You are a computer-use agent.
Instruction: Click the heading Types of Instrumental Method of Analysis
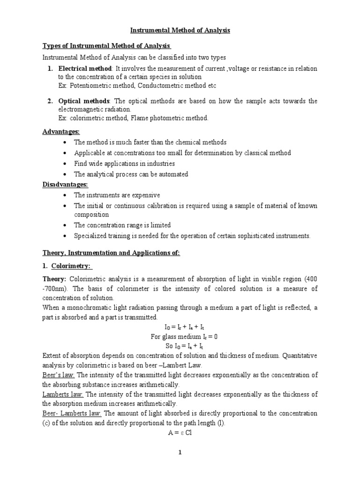click(x=107, y=46)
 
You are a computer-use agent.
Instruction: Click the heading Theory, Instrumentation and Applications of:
click(x=111, y=253)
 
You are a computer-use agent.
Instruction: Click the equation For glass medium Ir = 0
click(x=180, y=337)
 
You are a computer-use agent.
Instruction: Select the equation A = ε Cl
click(x=180, y=433)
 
